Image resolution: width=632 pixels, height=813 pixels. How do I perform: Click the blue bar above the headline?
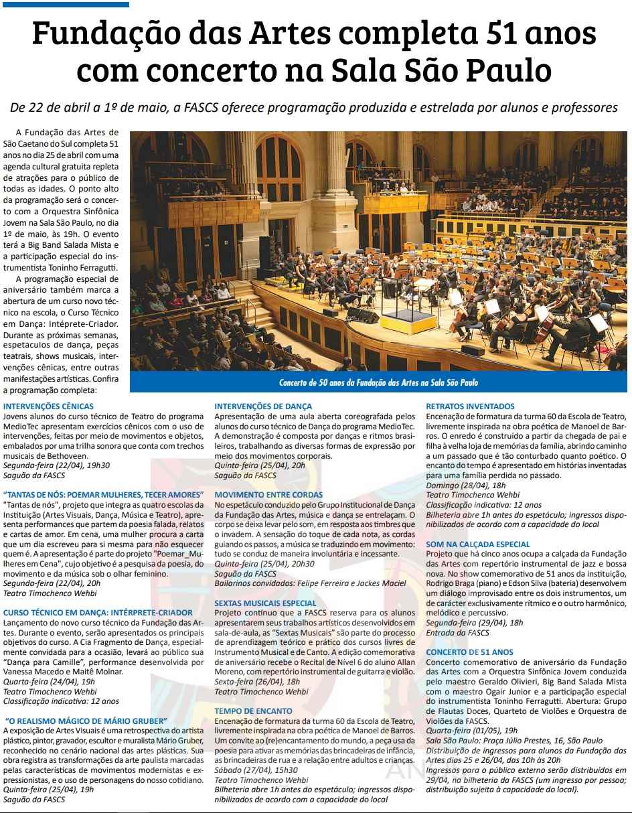click(x=65, y=5)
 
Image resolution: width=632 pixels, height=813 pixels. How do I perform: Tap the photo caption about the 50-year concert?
click(x=378, y=383)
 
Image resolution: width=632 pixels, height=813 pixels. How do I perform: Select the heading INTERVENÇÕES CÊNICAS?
click(x=48, y=406)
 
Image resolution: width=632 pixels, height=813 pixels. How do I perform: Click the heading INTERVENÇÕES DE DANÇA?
click(x=263, y=406)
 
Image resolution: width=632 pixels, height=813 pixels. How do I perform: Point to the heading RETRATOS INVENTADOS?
click(x=471, y=406)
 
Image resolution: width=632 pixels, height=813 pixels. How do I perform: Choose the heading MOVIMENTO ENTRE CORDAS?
click(x=268, y=495)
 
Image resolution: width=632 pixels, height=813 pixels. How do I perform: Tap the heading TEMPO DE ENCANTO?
click(x=253, y=711)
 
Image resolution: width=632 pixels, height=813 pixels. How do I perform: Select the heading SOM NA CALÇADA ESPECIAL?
click(x=478, y=544)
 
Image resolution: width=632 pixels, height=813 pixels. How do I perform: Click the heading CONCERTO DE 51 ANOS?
click(x=470, y=652)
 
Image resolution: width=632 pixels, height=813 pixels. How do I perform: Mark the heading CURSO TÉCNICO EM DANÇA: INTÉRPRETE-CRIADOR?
click(x=98, y=613)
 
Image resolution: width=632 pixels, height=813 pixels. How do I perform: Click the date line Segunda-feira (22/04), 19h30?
click(x=57, y=465)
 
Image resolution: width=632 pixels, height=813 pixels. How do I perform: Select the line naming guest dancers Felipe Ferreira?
click(x=310, y=583)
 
